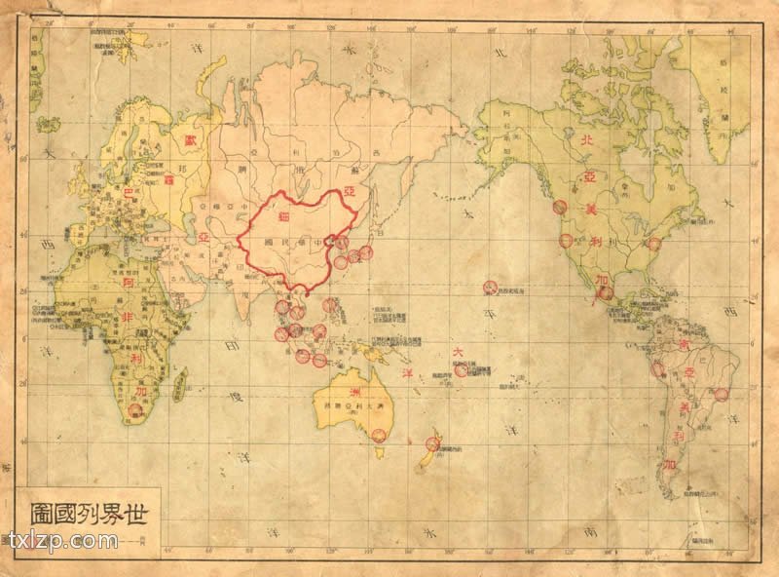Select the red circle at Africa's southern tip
pos(135,412)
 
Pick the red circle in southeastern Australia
pos(379,435)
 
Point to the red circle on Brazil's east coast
pos(721,394)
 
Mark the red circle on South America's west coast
pos(658,369)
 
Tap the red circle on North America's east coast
pos(654,244)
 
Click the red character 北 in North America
pos(586,141)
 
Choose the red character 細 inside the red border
pos(286,216)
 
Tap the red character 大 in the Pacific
pos(453,353)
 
